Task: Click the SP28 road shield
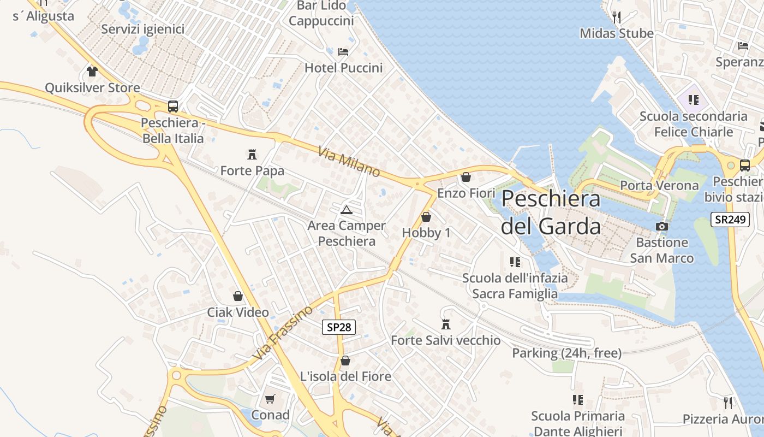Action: (339, 327)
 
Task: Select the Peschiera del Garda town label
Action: (551, 212)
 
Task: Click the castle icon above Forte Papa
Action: (252, 154)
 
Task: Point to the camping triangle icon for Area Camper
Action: (346, 210)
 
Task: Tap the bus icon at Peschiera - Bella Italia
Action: (173, 107)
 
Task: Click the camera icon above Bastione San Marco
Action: (662, 226)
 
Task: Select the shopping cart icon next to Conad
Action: (270, 399)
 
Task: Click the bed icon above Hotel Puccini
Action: (343, 52)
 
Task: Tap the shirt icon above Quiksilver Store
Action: (92, 72)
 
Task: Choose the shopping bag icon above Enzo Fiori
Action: (466, 177)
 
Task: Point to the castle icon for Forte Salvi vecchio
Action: (446, 324)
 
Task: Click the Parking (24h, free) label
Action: (566, 353)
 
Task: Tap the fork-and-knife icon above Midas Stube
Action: (617, 17)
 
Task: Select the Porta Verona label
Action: (659, 185)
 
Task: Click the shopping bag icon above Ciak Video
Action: (238, 296)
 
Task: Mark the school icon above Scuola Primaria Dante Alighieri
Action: (578, 400)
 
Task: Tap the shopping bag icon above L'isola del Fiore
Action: (345, 361)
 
